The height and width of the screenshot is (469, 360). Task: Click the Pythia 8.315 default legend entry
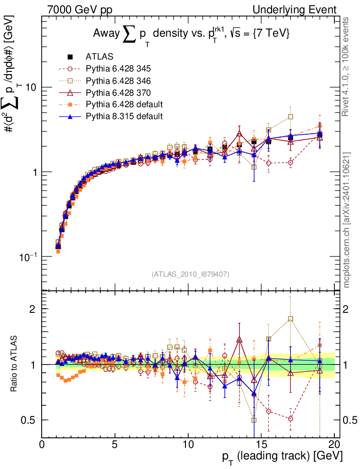coord(124,116)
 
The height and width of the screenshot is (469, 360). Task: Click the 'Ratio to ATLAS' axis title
coord(15,364)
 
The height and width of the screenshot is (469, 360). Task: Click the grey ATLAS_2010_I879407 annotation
coord(190,274)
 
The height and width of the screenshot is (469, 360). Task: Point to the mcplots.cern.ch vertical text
coord(347,219)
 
